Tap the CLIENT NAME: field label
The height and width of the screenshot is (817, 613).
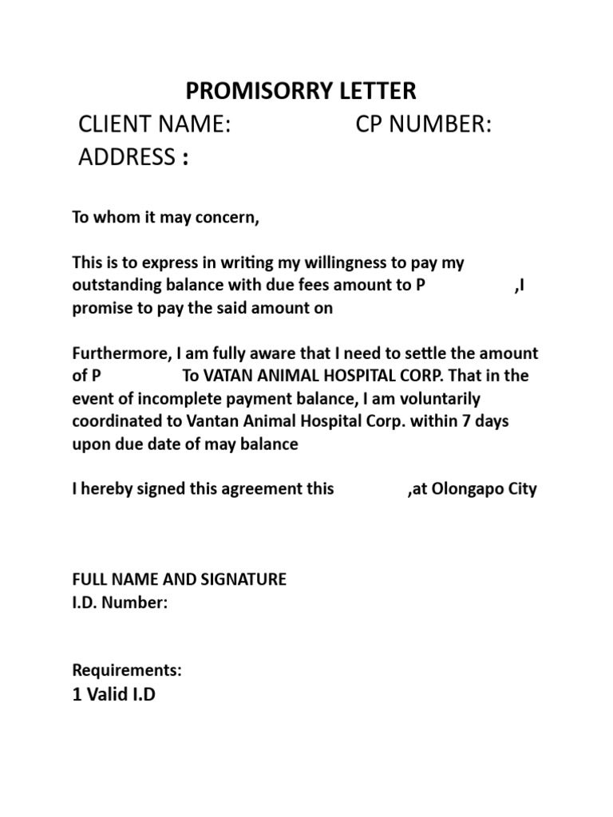point(154,125)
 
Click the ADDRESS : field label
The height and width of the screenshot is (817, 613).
point(133,157)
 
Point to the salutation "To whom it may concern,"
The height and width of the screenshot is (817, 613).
point(166,219)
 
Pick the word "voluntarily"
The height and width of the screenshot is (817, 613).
point(437,399)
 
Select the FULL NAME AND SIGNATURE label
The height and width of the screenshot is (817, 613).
point(179,580)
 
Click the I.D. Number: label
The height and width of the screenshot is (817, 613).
point(120,603)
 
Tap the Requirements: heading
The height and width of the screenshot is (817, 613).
point(127,671)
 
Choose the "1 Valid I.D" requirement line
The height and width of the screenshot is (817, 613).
point(114,696)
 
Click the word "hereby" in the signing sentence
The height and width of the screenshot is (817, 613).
point(108,489)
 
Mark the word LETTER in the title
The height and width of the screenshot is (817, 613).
point(379,91)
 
